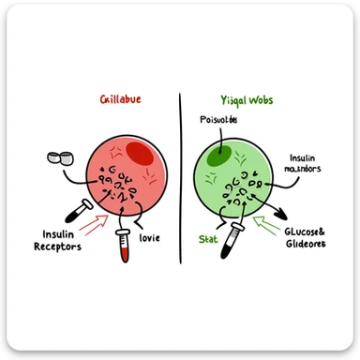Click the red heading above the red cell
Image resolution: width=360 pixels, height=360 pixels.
click(x=126, y=99)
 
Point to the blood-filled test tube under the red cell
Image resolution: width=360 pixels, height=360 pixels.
click(x=122, y=242)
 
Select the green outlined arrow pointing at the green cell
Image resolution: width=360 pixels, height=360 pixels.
click(x=269, y=225)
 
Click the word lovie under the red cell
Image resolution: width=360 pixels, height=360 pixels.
click(x=148, y=238)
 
